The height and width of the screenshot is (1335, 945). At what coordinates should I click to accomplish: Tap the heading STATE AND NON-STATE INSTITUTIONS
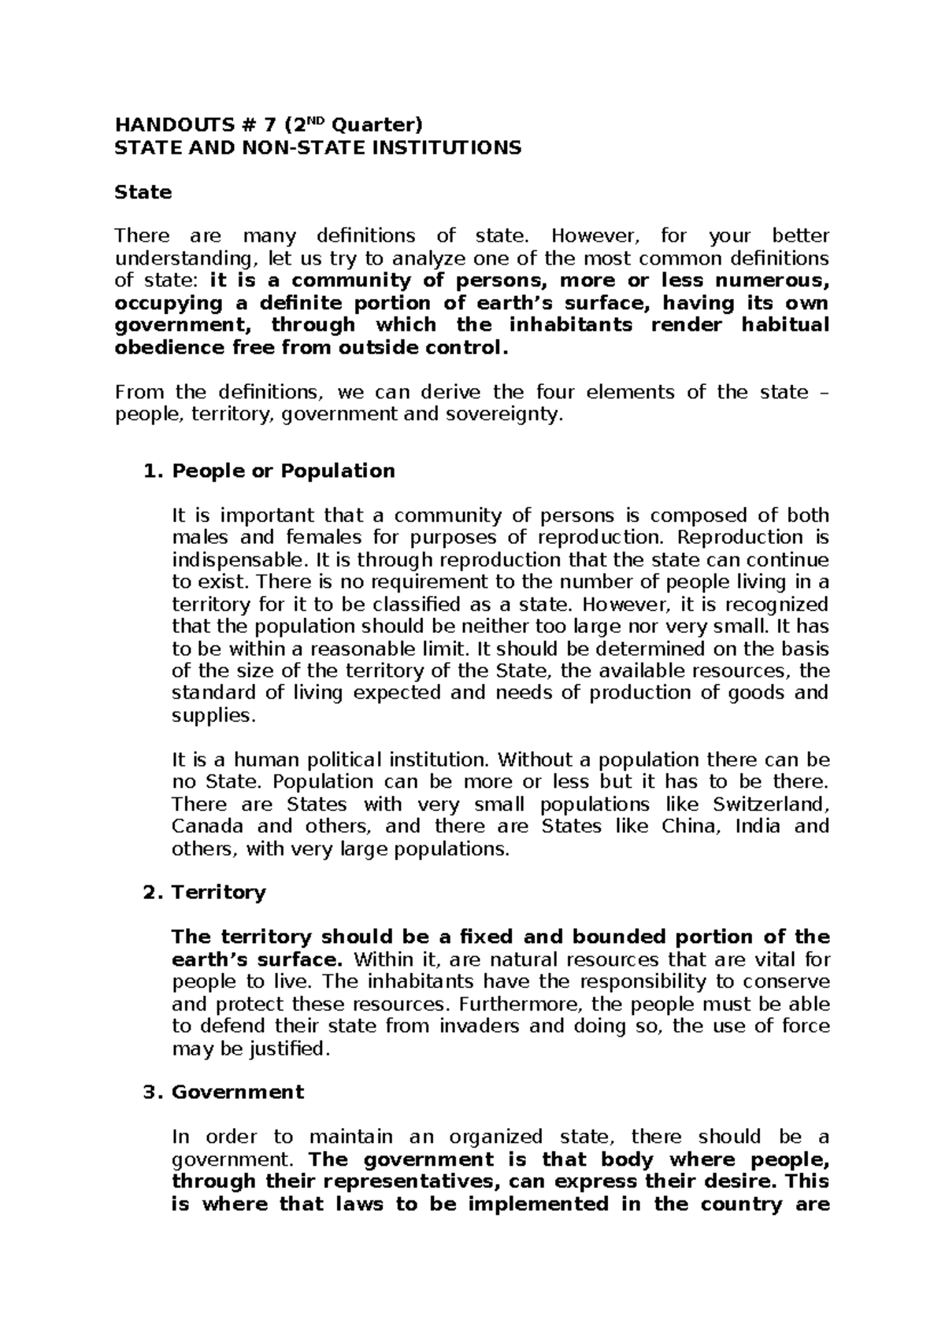(x=317, y=147)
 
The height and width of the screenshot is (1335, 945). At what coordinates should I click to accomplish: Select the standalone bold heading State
(x=143, y=192)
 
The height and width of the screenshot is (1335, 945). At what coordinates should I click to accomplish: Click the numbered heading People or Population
(x=283, y=471)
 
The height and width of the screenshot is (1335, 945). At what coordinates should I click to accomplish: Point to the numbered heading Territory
(x=218, y=892)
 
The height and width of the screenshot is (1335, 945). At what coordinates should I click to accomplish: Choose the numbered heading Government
(x=237, y=1092)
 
